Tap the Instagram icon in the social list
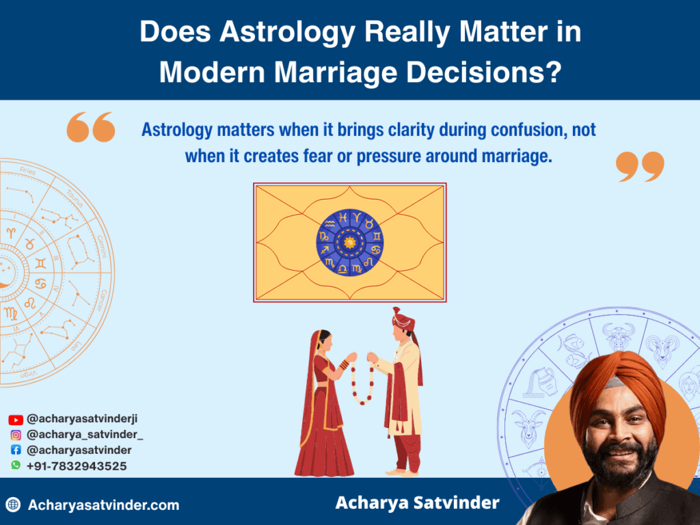click(x=15, y=435)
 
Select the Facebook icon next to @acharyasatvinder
click(x=15, y=450)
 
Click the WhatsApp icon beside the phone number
click(x=15, y=465)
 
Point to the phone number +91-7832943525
click(x=76, y=466)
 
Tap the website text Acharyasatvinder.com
click(x=103, y=505)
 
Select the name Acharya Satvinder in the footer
click(x=417, y=504)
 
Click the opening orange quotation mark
click(x=90, y=128)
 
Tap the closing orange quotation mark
click(x=640, y=167)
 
